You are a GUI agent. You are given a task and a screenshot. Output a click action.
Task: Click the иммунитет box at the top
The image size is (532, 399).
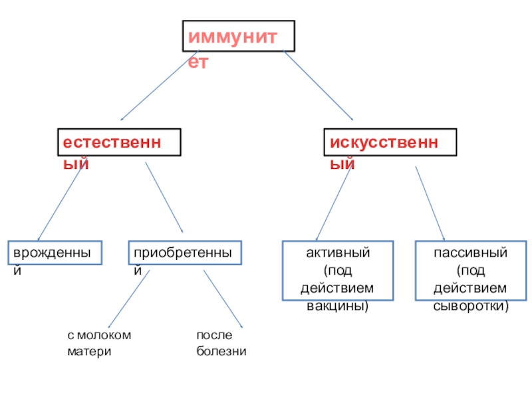point(239,35)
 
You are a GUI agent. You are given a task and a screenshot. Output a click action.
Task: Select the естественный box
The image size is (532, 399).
point(118,142)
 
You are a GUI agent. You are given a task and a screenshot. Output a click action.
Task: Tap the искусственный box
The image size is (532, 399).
point(390,142)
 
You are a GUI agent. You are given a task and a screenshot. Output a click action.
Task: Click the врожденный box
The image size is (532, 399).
point(56,253)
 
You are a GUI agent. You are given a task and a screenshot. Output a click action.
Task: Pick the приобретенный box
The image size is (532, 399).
point(186,253)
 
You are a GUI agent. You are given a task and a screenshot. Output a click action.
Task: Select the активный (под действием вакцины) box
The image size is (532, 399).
point(338,279)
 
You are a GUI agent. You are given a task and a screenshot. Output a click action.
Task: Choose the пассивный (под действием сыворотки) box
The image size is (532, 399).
point(471,279)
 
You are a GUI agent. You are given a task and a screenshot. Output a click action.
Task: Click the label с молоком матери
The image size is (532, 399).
point(99,342)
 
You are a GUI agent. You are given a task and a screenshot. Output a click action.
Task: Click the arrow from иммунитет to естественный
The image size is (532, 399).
point(158,85)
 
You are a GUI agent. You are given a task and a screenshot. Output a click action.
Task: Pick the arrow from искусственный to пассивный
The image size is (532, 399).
point(430,202)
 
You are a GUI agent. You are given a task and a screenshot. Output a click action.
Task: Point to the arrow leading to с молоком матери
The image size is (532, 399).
point(128,299)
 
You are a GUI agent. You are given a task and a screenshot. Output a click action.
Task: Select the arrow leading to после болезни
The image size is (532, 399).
point(223,299)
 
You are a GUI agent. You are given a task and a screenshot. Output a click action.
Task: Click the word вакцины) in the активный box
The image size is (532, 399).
point(337,307)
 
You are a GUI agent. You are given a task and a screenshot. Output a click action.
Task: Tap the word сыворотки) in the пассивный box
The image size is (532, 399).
point(471,307)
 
